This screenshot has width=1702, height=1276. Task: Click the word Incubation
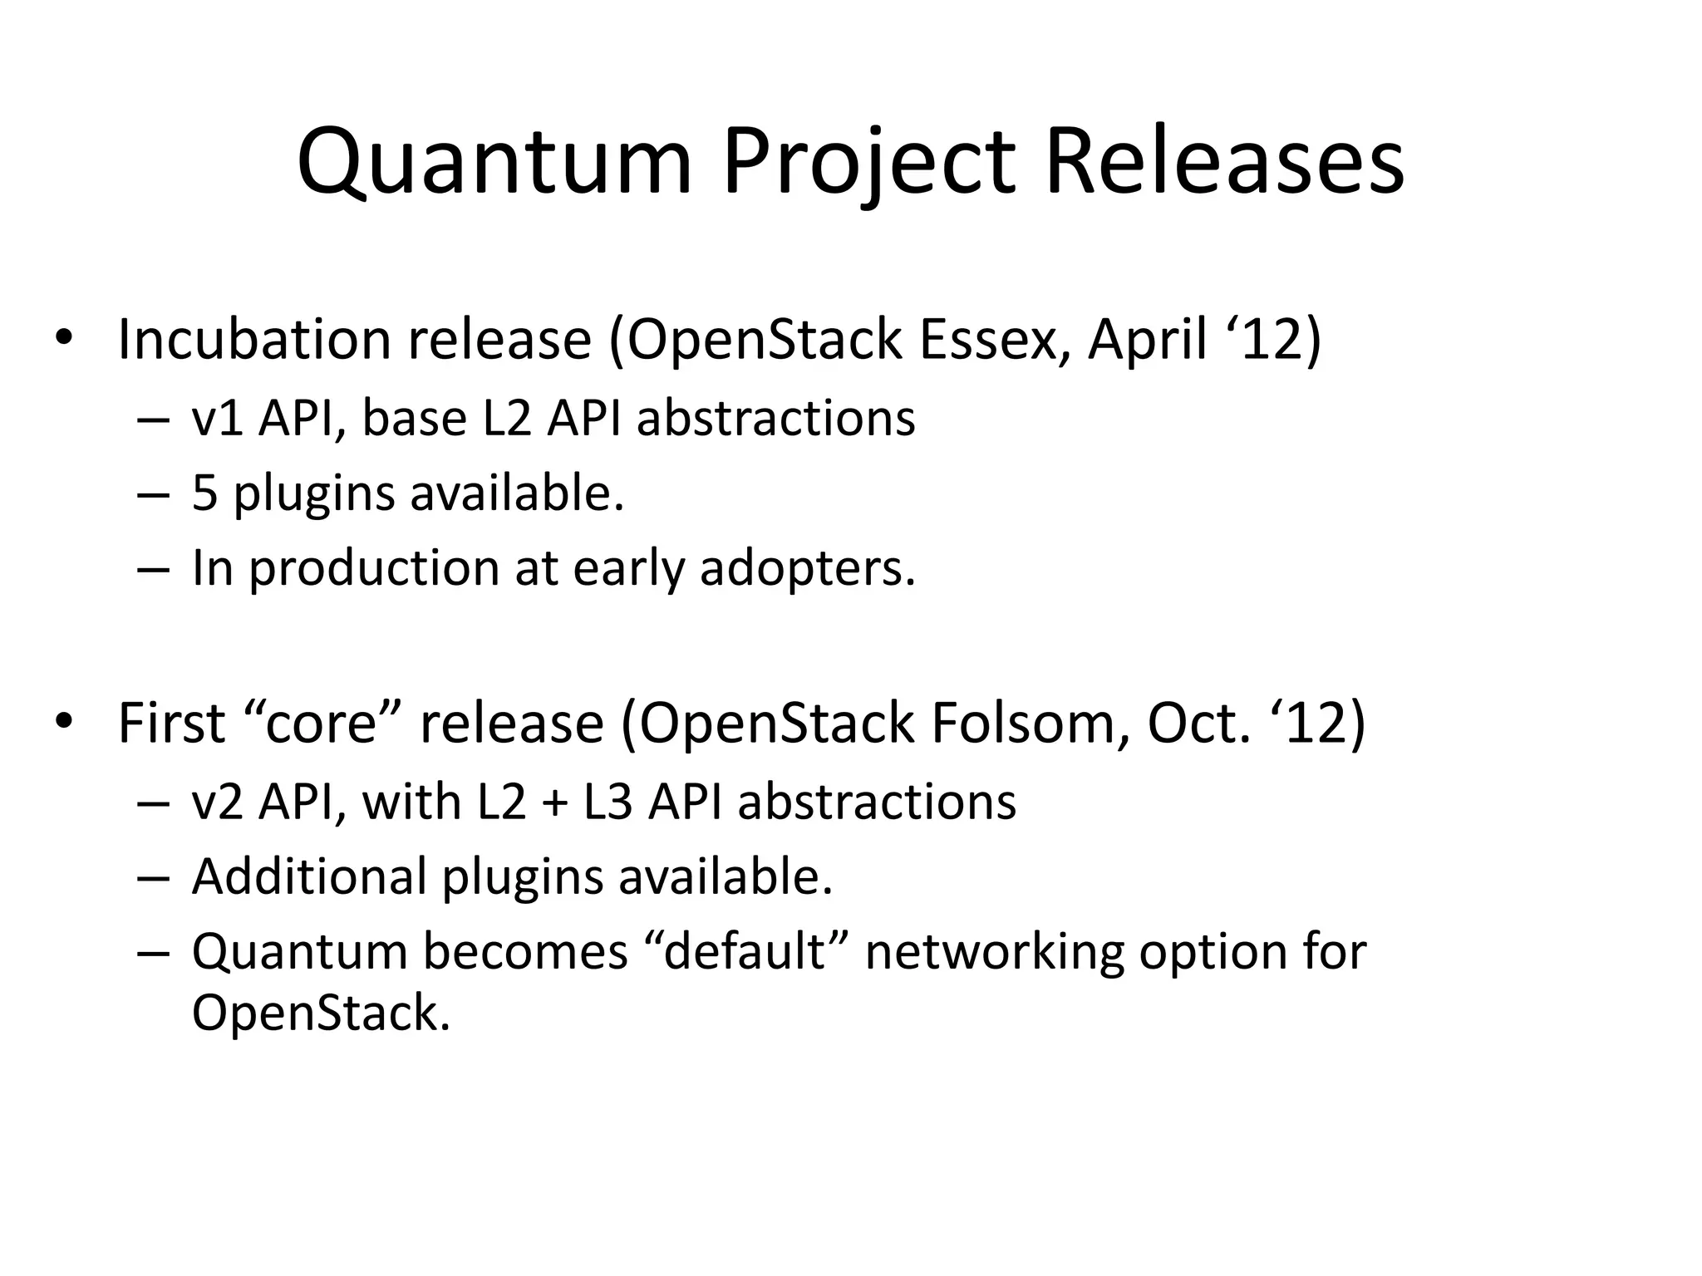point(253,340)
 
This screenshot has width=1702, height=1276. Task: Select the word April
point(1147,340)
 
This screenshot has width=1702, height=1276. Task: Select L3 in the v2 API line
point(608,802)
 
